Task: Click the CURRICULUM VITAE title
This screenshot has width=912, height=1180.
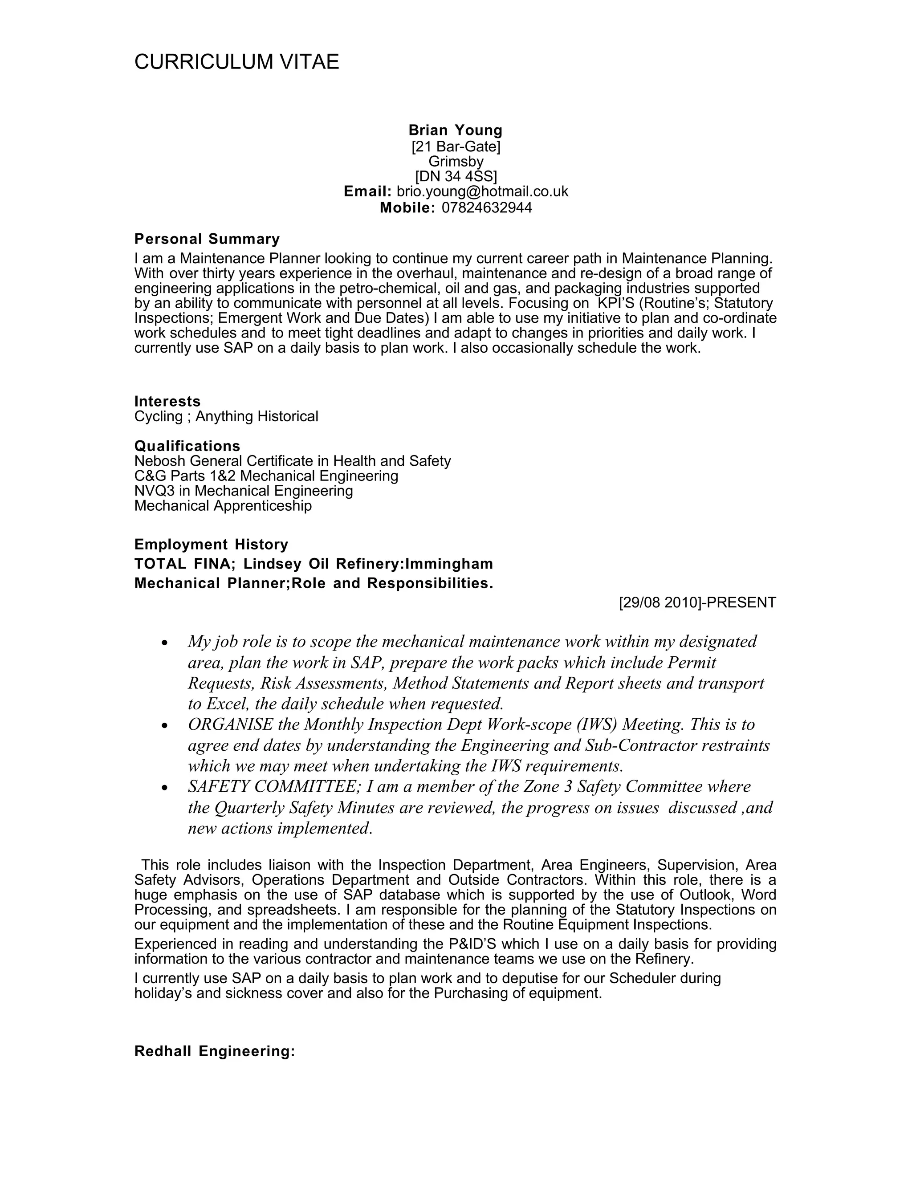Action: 236,62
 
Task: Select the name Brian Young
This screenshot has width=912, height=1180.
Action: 456,130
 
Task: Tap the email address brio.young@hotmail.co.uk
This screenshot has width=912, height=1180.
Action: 482,192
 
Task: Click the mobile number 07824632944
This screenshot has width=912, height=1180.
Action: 487,208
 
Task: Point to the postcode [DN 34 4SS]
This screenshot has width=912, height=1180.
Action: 456,177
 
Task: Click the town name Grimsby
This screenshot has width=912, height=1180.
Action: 456,162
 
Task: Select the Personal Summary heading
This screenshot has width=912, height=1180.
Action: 207,239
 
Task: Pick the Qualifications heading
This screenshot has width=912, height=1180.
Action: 187,446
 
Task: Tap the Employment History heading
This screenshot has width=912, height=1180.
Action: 211,544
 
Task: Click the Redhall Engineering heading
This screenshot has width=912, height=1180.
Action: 215,1051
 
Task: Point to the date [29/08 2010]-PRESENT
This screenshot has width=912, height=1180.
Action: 697,602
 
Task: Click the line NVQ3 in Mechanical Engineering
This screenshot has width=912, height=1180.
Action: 244,491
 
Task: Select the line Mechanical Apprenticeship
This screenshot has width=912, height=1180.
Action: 223,506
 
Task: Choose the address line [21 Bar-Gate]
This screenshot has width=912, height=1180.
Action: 456,146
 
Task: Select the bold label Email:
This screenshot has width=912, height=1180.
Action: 367,192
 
